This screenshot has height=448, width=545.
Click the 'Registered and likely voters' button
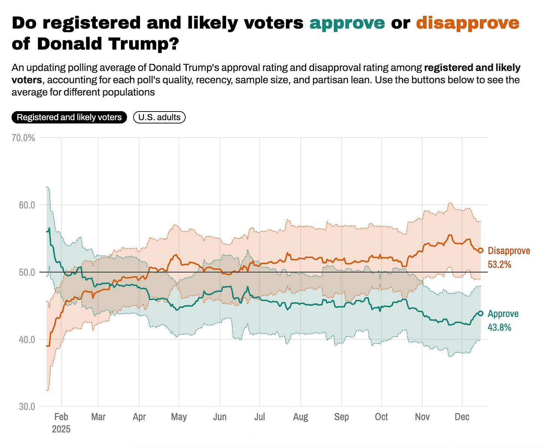pyautogui.click(x=69, y=118)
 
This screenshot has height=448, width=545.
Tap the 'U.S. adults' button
pyautogui.click(x=159, y=118)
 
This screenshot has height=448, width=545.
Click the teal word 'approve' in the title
pyautogui.click(x=347, y=23)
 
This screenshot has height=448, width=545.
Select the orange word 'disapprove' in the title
pyautogui.click(x=468, y=23)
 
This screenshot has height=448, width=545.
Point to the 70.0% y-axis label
pyautogui.click(x=23, y=138)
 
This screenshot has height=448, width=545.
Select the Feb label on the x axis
pyautogui.click(x=61, y=417)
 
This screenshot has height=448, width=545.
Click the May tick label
pyautogui.click(x=179, y=417)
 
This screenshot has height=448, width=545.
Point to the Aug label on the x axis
pyautogui.click(x=301, y=417)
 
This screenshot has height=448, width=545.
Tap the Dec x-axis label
pyautogui.click(x=462, y=417)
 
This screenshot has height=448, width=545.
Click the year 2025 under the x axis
pyautogui.click(x=61, y=429)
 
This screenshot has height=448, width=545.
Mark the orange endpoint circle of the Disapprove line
pyautogui.click(x=481, y=250)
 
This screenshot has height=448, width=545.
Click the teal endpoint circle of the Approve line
pyautogui.click(x=481, y=313)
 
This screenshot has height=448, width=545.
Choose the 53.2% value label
pyautogui.click(x=499, y=265)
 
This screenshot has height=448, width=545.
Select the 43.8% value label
pyautogui.click(x=499, y=327)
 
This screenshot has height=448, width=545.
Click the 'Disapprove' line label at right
pyautogui.click(x=509, y=251)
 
